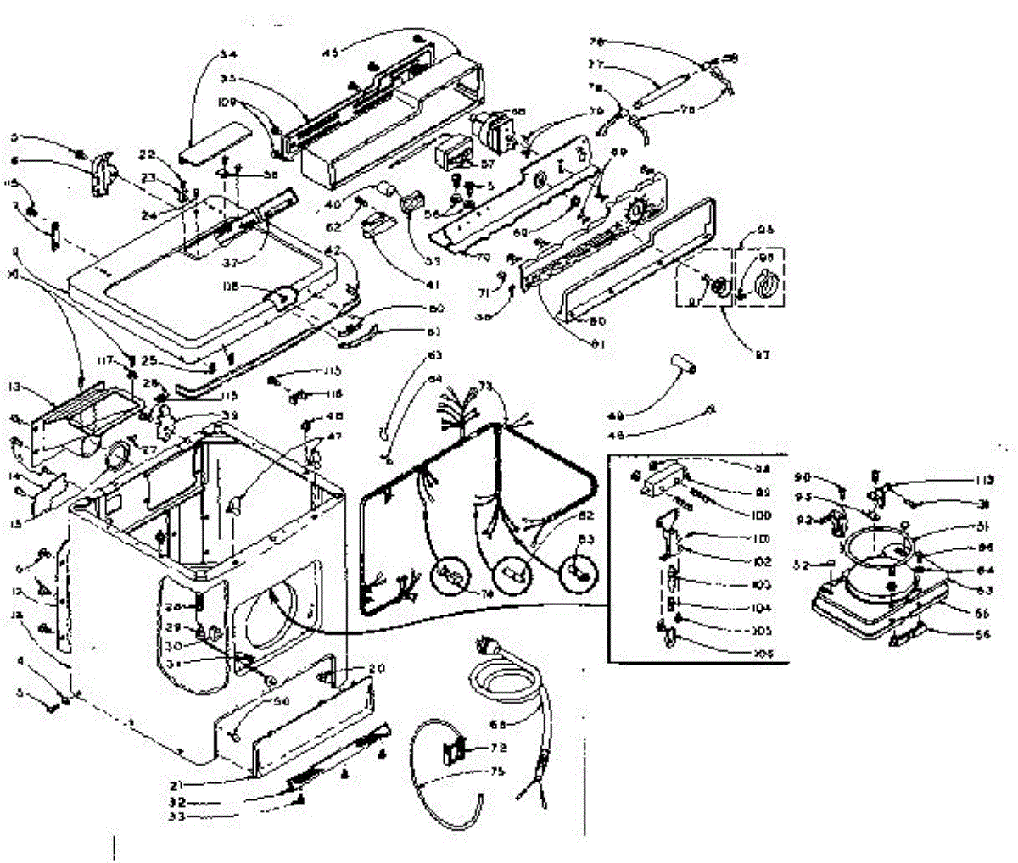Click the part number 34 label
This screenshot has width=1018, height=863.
point(227,54)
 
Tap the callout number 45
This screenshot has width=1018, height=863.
point(328,53)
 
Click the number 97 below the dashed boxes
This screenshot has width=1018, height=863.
point(762,355)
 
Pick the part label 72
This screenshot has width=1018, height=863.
point(499,749)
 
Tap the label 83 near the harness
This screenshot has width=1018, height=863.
point(587,539)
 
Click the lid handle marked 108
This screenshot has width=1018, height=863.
point(281,296)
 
